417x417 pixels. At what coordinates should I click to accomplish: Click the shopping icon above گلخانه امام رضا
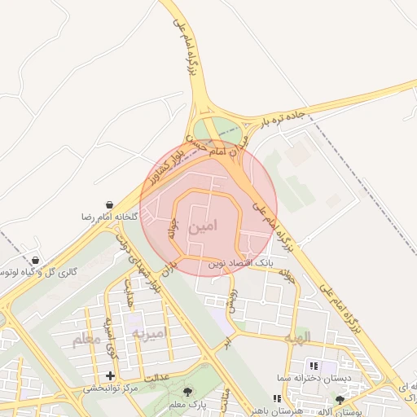click(109, 204)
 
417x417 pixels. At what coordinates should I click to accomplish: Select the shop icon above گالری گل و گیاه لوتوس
click(34, 260)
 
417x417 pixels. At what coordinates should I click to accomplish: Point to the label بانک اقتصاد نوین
click(239, 263)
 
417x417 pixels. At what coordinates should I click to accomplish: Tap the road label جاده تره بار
click(282, 117)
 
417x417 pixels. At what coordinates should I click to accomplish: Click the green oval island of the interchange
click(206, 129)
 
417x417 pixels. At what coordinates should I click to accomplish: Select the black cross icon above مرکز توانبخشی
click(110, 375)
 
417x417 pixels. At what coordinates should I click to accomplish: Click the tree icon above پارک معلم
click(187, 392)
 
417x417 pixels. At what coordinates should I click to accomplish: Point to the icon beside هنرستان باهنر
click(277, 398)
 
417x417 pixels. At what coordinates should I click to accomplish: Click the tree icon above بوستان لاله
click(340, 399)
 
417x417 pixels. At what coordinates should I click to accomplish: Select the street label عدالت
click(156, 378)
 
